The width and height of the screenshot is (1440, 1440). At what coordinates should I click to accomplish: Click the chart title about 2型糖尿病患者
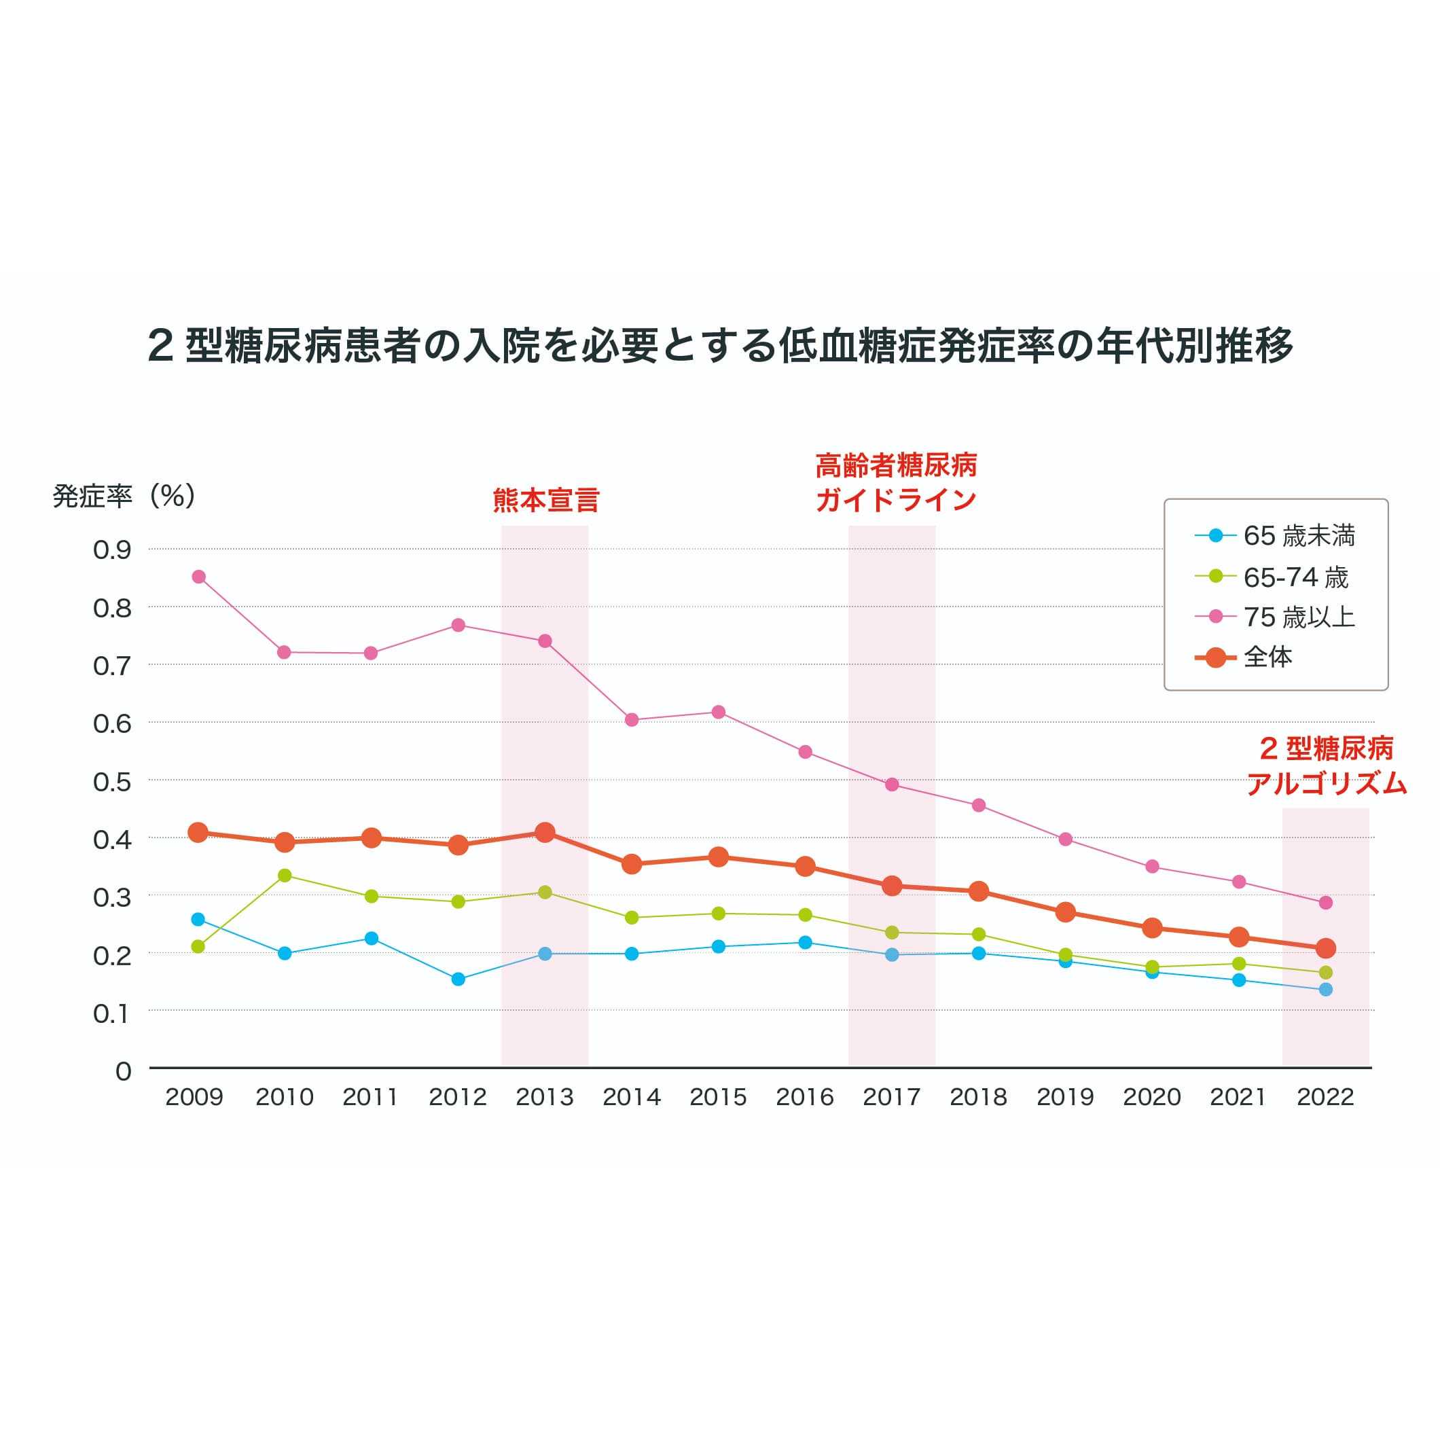pos(720,346)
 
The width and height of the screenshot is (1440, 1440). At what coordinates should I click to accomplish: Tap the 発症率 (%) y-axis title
pos(124,496)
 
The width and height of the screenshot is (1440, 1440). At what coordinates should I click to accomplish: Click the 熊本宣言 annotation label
pos(545,500)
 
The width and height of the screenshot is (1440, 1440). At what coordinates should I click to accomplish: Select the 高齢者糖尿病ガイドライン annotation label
pos(896,482)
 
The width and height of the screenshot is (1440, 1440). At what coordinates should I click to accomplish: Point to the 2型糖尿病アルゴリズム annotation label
pos(1326,766)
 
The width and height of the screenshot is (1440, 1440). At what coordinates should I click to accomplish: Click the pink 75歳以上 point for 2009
pos(198,577)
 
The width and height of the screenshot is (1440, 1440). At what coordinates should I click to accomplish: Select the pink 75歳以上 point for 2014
pos(632,720)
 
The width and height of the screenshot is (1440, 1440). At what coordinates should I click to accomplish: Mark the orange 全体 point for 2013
pos(545,833)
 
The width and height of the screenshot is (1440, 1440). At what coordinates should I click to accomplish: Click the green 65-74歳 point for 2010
pos(284,875)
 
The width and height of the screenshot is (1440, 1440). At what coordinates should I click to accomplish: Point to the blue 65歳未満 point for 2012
pos(458,979)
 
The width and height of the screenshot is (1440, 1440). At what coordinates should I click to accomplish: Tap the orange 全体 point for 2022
pos(1325,949)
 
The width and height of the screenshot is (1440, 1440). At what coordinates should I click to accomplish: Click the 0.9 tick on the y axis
pos(112,550)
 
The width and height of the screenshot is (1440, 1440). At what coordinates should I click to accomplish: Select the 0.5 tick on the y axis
pos(112,782)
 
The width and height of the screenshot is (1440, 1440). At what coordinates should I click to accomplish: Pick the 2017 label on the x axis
pos(891,1097)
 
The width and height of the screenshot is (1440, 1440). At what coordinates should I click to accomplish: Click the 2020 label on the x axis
pos(1151,1097)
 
